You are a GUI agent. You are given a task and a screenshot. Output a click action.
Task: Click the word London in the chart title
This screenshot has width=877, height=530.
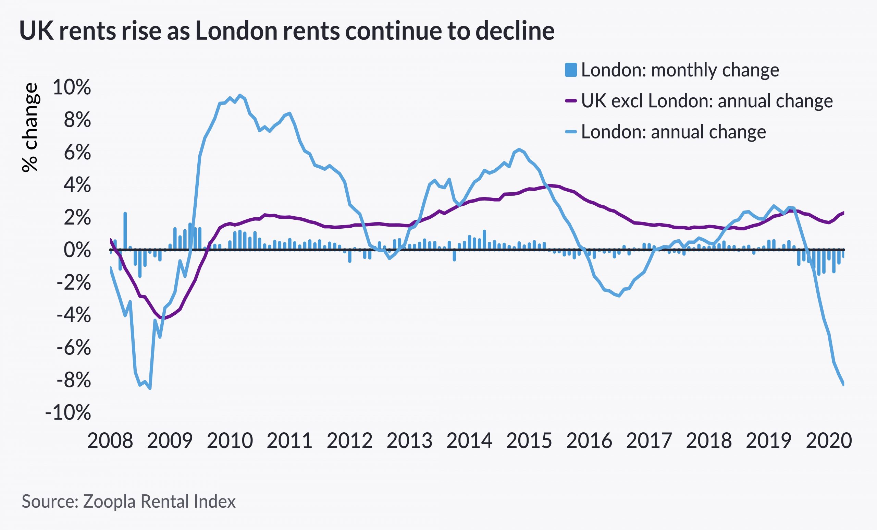click(236, 31)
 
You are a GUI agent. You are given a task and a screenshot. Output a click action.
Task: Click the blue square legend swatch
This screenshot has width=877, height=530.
click(570, 70)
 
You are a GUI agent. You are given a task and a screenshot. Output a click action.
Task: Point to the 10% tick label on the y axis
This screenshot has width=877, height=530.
click(72, 87)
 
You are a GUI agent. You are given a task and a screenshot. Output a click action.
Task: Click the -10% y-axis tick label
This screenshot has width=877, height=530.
click(67, 413)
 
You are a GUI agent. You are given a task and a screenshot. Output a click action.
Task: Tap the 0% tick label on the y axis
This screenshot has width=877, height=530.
click(77, 250)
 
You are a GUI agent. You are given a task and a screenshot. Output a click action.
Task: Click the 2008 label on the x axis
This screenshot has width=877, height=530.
click(110, 441)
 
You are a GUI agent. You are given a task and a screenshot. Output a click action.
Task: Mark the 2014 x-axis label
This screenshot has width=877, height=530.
click(469, 441)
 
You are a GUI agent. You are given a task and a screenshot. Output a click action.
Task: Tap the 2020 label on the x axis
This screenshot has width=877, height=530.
click(829, 441)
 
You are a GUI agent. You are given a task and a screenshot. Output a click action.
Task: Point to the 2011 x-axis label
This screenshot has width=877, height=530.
click(289, 441)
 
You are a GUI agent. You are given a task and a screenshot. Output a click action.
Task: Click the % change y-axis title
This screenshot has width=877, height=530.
click(30, 128)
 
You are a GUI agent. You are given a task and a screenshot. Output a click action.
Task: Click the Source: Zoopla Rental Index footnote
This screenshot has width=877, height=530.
click(128, 501)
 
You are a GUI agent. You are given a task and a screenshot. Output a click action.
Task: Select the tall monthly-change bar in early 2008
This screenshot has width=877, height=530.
click(125, 231)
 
